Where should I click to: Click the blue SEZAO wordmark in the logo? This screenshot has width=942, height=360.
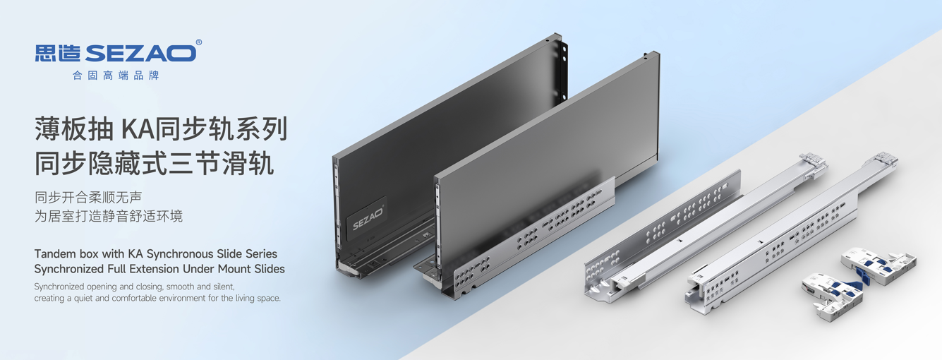coord(141,53)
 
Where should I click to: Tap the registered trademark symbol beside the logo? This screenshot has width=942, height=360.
coord(199,42)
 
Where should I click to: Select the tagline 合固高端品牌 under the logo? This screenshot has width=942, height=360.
coord(116,76)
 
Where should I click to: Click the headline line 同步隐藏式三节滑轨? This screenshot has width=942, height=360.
coord(155,163)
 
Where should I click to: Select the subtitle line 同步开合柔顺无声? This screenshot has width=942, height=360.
coord(88,197)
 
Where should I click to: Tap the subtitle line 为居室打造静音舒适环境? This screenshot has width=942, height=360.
coord(109,216)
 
